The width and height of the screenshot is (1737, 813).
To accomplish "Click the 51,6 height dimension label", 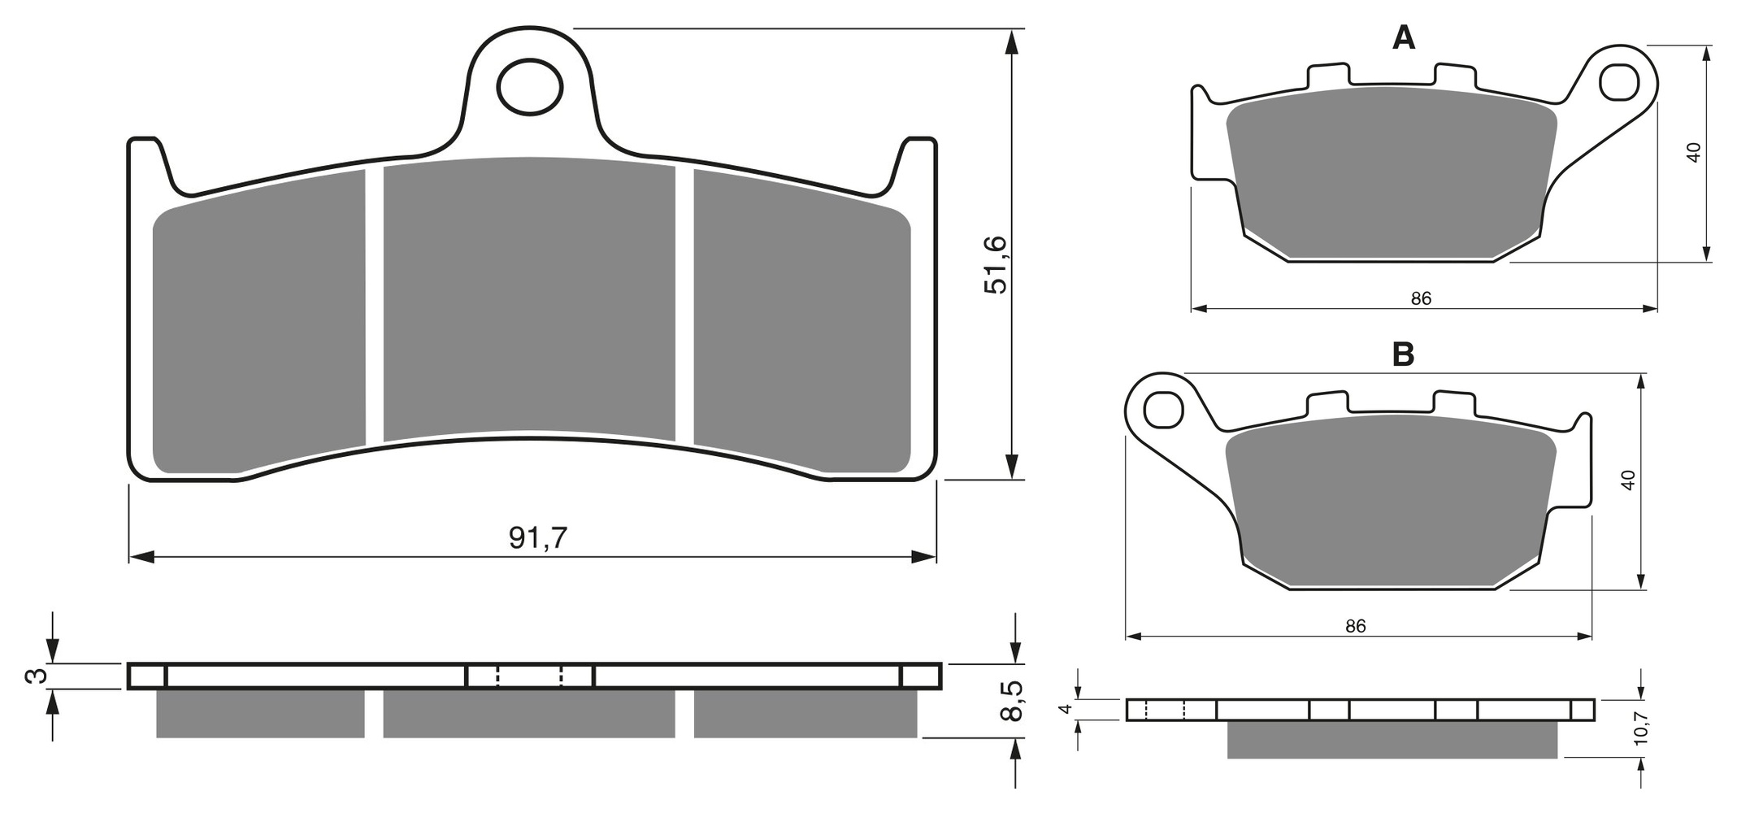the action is [996, 265].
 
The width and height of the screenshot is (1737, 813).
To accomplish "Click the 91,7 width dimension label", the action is [538, 537].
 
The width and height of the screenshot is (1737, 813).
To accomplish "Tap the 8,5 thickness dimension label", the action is [1010, 701].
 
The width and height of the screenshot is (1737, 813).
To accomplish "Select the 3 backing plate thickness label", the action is [34, 676].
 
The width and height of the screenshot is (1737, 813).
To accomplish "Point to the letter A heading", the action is [1404, 37].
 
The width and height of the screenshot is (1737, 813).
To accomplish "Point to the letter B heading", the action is [1403, 354].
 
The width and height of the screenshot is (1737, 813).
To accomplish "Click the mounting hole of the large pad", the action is [530, 86].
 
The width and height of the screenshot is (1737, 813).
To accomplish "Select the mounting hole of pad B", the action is [1163, 409].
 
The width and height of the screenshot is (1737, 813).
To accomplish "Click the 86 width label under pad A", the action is [1421, 298].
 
